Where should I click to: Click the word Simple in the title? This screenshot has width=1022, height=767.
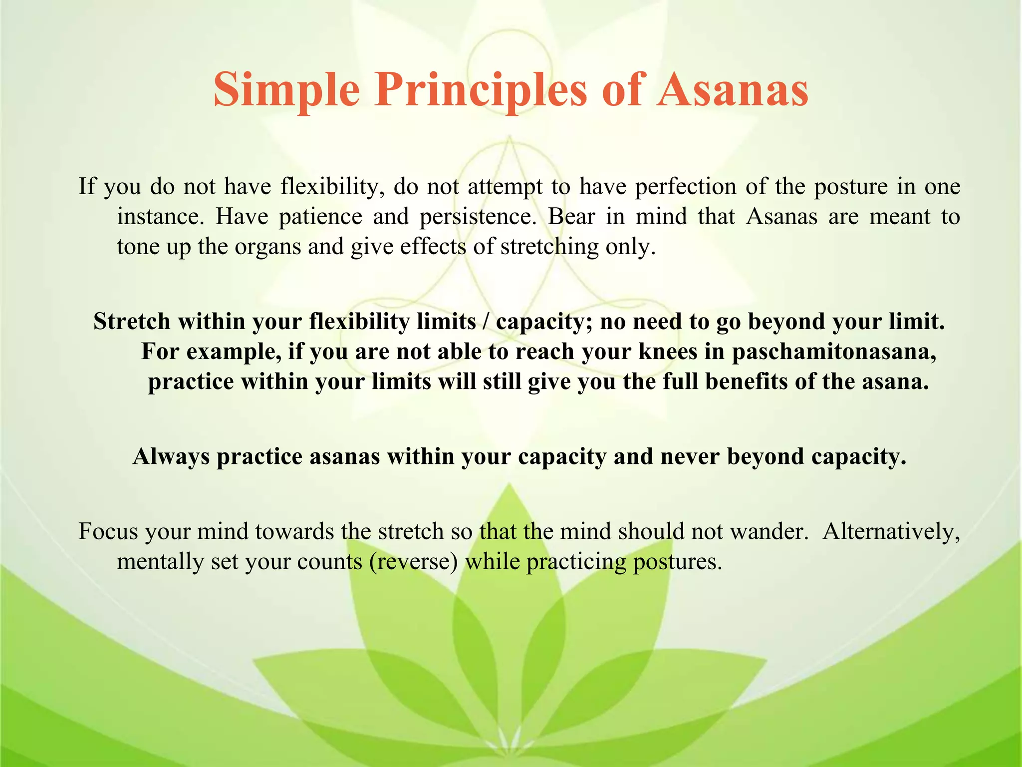point(286,90)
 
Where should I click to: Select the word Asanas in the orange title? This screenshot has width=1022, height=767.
point(732,90)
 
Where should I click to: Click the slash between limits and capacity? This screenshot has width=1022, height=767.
point(486,321)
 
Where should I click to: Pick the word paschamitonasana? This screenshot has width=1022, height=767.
point(834,352)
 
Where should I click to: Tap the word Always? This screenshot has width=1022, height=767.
point(171,456)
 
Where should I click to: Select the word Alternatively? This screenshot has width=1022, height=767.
point(891,531)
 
